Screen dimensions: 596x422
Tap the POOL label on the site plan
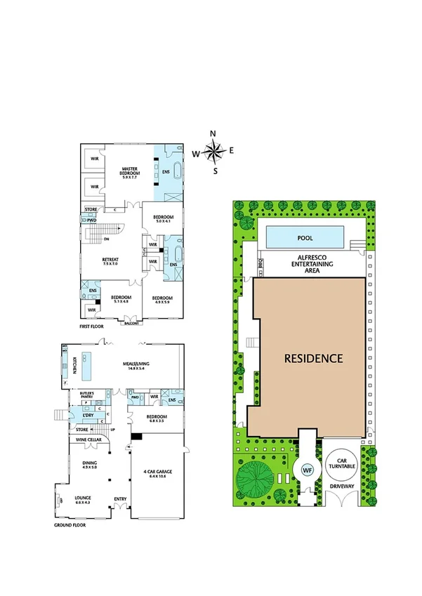305,238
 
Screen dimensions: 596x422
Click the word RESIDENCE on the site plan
313,358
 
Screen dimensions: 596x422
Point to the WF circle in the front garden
306,469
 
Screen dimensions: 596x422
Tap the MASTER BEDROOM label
131,171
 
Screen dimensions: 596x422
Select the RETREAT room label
110,260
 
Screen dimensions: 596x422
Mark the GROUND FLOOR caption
70,524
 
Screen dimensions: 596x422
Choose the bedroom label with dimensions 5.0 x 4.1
163,218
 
